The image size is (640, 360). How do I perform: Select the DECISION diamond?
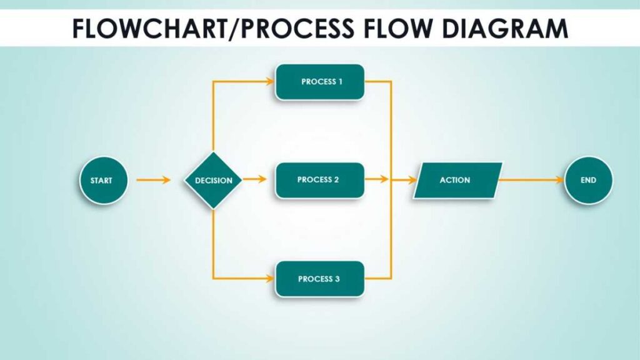tap(214, 181)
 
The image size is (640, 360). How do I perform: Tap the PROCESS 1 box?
tap(319, 82)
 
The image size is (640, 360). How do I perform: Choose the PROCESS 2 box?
tap(319, 180)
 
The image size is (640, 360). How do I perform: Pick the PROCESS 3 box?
tap(319, 279)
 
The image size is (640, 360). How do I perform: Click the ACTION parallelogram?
tap(457, 180)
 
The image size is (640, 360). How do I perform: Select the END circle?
tap(588, 180)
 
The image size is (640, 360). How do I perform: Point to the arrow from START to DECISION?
tap(153, 180)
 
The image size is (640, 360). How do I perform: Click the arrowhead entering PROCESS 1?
tap(270, 81)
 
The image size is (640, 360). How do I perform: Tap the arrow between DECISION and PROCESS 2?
tap(254, 179)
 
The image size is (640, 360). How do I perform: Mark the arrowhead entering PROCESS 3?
tap(270, 278)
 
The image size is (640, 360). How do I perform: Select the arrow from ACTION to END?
tap(531, 180)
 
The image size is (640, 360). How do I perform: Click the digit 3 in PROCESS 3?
tap(337, 279)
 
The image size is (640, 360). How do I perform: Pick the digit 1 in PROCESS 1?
tap(340, 82)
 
